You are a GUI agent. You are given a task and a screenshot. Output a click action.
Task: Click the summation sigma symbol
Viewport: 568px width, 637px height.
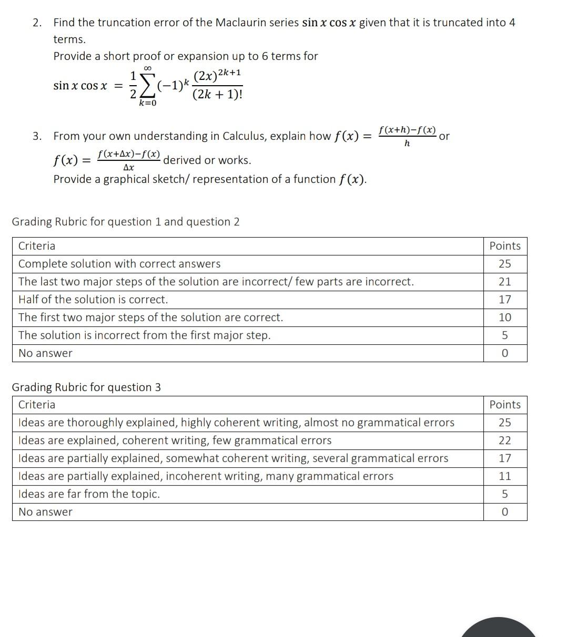pos(148,86)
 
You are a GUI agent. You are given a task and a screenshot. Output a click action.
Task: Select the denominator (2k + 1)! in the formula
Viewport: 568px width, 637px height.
pos(218,95)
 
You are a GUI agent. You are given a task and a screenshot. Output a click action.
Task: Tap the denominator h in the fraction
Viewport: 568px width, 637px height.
pos(407,143)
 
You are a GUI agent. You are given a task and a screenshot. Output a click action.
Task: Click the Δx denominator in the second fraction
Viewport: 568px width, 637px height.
pos(128,168)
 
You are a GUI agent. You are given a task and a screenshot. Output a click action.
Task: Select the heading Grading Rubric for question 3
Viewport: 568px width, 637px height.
pos(86,387)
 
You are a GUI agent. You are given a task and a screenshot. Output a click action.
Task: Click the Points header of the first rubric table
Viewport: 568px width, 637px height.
pos(505,246)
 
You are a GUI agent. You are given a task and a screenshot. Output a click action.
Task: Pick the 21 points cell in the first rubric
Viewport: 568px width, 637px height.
pos(505,282)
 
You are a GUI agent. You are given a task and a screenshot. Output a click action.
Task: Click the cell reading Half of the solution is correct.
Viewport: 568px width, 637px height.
pos(93,300)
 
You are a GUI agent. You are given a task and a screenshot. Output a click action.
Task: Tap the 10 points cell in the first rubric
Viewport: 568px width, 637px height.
pos(505,317)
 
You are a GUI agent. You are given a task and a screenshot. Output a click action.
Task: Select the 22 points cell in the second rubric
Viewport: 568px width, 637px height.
pos(505,440)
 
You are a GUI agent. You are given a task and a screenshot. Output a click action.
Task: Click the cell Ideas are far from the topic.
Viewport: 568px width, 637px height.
pos(89,494)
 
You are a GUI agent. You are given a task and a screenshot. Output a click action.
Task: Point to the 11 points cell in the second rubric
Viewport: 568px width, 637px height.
pos(505,476)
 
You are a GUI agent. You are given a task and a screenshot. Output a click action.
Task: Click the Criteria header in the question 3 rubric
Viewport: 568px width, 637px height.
pos(37,405)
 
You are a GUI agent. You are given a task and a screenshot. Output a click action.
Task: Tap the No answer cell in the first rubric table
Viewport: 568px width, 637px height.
pos(45,353)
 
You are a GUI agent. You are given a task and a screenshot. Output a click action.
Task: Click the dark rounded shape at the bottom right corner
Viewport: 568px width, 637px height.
pos(499,628)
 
